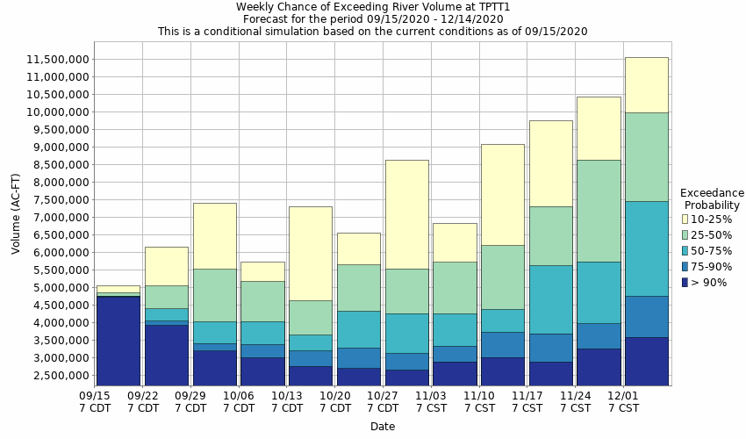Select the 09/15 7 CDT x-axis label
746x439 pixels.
(95, 401)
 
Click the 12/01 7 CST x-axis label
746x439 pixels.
(622, 401)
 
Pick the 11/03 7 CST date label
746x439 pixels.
(431, 401)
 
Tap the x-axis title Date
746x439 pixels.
(382, 427)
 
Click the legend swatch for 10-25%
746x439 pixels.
(685, 219)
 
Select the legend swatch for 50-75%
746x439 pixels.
(685, 250)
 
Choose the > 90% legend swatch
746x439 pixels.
(685, 282)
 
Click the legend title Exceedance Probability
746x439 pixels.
(712, 198)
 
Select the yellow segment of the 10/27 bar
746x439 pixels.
(406, 214)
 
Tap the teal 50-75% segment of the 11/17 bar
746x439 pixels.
(550, 299)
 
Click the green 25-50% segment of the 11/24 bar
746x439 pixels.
(599, 211)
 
